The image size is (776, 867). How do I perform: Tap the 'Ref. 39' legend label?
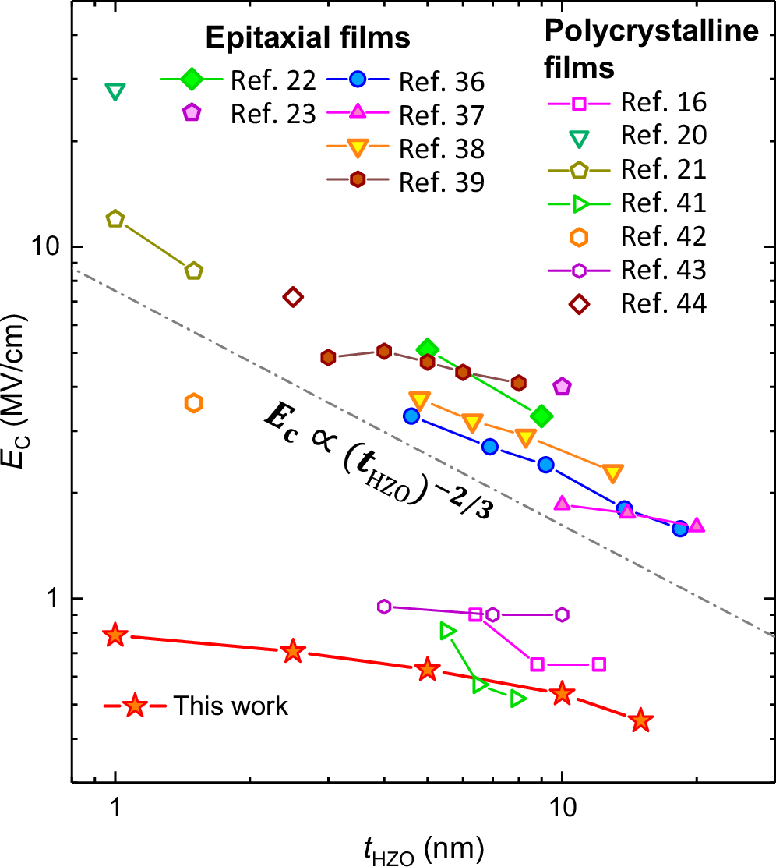441,182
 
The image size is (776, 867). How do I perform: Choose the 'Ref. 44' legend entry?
664,303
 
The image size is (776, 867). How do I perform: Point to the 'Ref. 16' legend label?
664,102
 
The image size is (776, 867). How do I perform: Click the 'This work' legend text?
231,706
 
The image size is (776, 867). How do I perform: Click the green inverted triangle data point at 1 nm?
115,92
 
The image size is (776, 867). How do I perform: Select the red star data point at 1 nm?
115,635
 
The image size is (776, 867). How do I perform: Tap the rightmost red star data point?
640,720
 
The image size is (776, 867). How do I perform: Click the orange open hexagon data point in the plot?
194,403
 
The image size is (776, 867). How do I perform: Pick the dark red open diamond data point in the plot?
293,296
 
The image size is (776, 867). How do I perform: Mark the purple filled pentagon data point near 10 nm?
562,386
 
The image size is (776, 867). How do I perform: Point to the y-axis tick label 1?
54,599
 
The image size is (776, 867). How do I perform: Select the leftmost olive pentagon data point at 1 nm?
115,219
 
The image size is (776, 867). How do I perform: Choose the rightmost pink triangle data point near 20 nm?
697,526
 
